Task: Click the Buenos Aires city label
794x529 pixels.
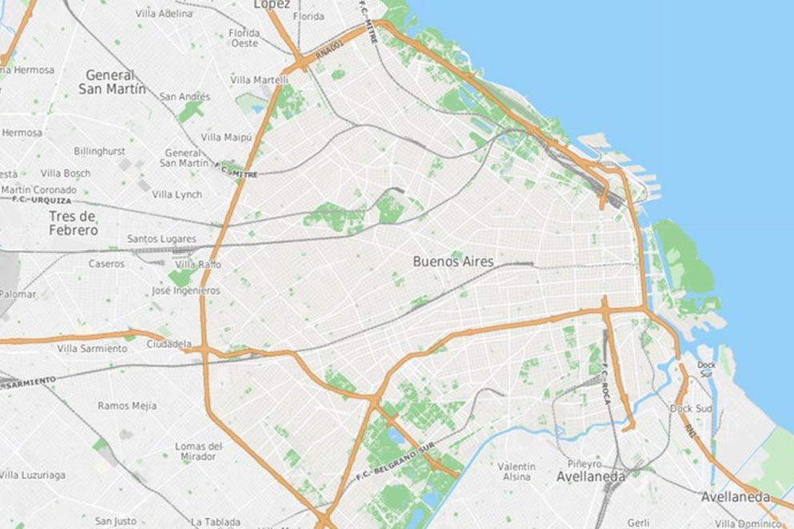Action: pyautogui.click(x=453, y=261)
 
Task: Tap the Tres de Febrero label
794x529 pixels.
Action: pyautogui.click(x=73, y=224)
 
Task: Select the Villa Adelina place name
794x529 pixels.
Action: pyautogui.click(x=164, y=14)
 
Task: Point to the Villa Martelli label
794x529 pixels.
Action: pyautogui.click(x=259, y=80)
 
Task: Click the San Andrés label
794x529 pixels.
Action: pyautogui.click(x=185, y=97)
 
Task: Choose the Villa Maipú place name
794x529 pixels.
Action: pyautogui.click(x=226, y=137)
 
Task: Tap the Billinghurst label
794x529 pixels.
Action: pyautogui.click(x=99, y=151)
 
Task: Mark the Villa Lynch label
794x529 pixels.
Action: pyautogui.click(x=177, y=194)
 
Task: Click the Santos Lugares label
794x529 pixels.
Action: pyautogui.click(x=162, y=239)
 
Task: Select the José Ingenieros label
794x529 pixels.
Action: pyautogui.click(x=186, y=291)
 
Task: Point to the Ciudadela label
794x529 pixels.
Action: pyautogui.click(x=170, y=344)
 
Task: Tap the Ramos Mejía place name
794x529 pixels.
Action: pyautogui.click(x=127, y=406)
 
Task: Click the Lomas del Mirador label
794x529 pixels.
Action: pyautogui.click(x=198, y=451)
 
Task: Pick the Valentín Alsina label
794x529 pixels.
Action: pyautogui.click(x=517, y=471)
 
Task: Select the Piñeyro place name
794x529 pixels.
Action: pyautogui.click(x=584, y=463)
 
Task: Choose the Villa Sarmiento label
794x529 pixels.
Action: pyautogui.click(x=91, y=348)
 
